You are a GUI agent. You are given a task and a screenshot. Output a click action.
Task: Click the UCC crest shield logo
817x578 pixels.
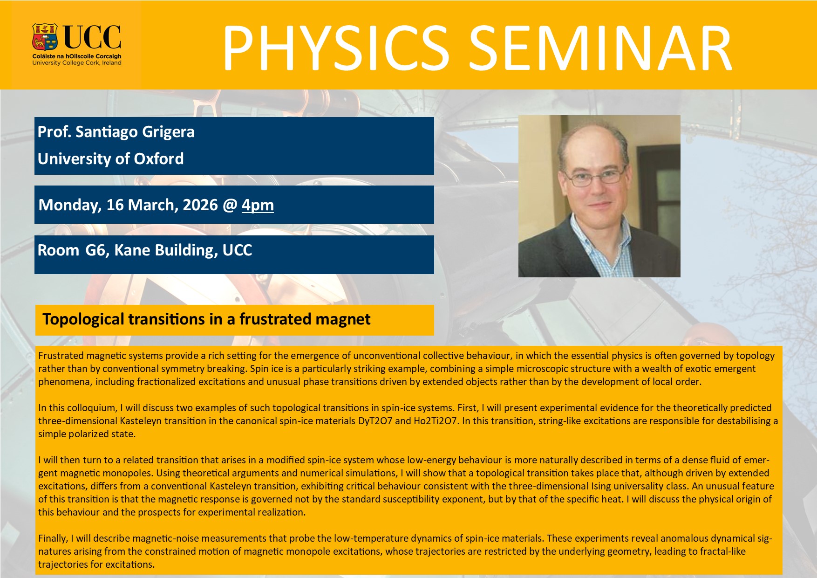tap(45, 37)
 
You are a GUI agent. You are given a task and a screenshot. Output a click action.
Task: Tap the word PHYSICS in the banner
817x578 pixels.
tap(335, 48)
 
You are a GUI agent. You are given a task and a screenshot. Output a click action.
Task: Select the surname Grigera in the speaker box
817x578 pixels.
tap(168, 132)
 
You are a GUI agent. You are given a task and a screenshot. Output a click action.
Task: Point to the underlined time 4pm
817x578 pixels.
tap(258, 205)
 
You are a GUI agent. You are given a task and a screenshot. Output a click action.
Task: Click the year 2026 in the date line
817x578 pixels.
tap(200, 205)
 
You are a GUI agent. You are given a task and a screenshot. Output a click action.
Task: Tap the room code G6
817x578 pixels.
tap(95, 250)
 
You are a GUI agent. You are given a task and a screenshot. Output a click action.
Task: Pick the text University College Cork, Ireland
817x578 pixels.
tap(77, 63)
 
